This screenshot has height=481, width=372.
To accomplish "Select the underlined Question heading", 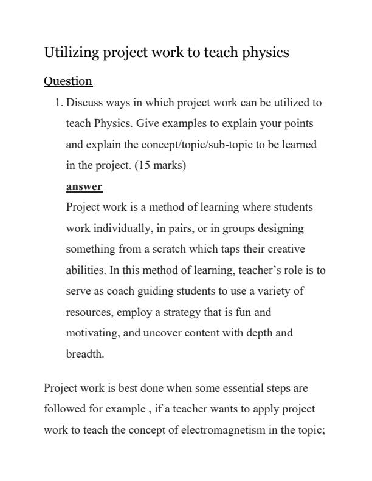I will pyautogui.click(x=68, y=81).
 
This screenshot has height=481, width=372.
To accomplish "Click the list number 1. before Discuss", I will pyautogui.click(x=59, y=103).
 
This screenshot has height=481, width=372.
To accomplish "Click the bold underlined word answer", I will pyautogui.click(x=84, y=186).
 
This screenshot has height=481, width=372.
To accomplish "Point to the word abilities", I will pyautogui.click(x=85, y=270).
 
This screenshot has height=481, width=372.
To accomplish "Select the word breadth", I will pyautogui.click(x=84, y=354).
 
